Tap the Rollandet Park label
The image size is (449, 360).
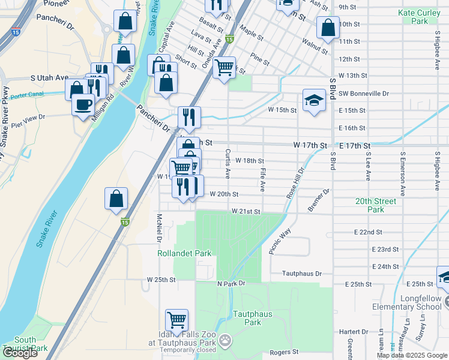185,253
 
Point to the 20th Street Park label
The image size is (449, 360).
376,206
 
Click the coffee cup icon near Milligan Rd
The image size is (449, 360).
83,105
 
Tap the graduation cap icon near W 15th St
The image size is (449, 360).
314,101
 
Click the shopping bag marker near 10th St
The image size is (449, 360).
328,28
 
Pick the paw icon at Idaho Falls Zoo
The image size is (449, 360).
225,341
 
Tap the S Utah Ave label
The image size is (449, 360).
50,78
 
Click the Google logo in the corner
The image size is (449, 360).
20,353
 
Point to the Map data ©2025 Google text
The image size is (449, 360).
411,355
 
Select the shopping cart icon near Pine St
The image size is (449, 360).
224,67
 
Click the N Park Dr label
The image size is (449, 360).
232,283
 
